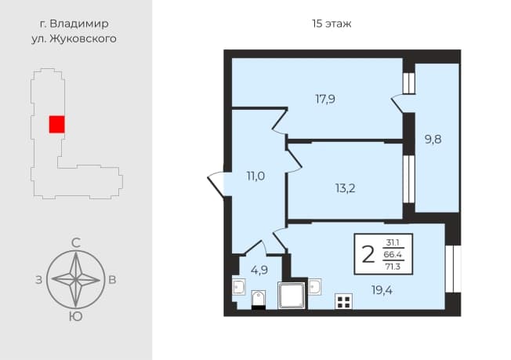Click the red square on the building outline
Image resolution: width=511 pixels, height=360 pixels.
tap(56, 124)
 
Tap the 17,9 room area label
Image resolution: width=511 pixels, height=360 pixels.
tap(325, 99)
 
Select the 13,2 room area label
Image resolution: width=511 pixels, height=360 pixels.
tap(346, 188)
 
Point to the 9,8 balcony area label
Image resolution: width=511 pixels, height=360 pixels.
tap(433, 140)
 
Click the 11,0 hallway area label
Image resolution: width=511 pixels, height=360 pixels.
tap(255, 176)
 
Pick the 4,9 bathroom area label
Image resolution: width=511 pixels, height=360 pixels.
tap(259, 270)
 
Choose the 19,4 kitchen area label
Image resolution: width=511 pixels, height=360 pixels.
tap(382, 289)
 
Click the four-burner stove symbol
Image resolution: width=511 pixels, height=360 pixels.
tap(344, 301)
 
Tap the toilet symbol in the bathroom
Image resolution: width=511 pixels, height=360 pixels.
tap(259, 300)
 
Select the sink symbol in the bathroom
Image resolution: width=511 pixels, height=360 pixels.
tap(238, 287)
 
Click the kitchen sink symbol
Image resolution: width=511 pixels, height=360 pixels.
tap(315, 287)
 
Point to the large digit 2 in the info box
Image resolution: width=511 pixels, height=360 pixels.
tap(368, 254)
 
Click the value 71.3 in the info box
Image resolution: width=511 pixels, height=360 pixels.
tap(393, 267)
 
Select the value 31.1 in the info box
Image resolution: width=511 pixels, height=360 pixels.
tap(393, 242)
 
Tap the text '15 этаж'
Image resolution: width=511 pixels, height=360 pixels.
tap(332, 24)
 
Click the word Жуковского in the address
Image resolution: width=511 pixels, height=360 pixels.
tap(83, 38)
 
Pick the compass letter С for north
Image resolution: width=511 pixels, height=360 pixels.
tap(76, 243)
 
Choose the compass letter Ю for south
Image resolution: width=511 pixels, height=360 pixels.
tap(76, 317)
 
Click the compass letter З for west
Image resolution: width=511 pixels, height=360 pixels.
tap(38, 280)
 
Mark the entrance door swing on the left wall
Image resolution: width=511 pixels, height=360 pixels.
tap(216, 184)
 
